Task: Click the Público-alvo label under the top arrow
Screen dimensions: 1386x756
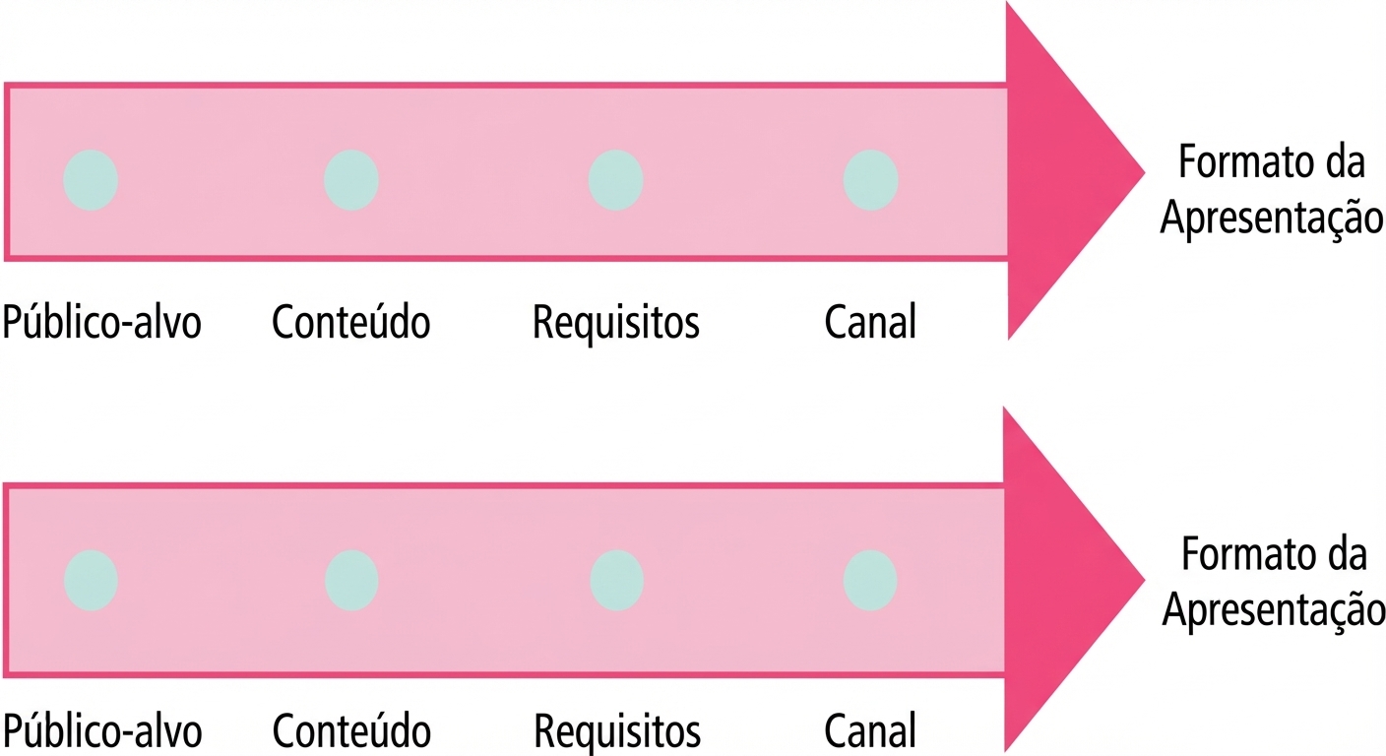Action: point(102,321)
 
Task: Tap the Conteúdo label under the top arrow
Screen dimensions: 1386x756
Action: point(350,321)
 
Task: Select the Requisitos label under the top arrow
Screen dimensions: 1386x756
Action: point(615,323)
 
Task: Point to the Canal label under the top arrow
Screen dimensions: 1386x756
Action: point(870,321)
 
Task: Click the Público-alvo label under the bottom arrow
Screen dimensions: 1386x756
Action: point(102,730)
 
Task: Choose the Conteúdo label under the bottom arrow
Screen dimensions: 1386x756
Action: point(351,730)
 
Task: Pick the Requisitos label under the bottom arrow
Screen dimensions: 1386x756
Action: point(617,732)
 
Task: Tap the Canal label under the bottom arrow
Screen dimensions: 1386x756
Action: point(870,730)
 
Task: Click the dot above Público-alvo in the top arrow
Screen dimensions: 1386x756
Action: point(91,180)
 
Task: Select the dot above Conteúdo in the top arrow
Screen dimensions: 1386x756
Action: point(351,180)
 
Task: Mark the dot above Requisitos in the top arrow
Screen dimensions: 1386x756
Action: point(615,180)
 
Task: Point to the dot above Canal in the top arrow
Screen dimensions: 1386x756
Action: point(870,180)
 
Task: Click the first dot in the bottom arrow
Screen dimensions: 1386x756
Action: point(91,581)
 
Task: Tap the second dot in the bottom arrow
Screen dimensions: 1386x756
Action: point(351,581)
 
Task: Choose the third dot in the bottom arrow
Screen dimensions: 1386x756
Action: point(617,581)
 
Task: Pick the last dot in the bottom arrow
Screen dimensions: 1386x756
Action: point(870,581)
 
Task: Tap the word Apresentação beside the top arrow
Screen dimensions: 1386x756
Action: point(1272,219)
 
